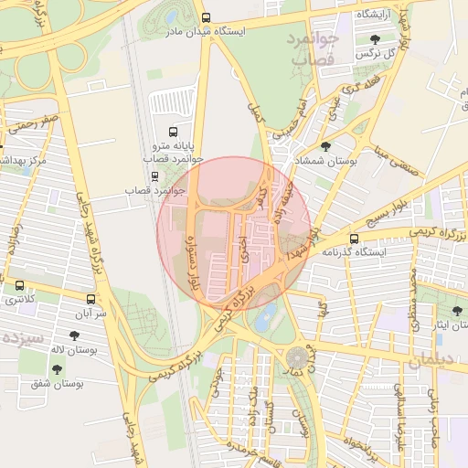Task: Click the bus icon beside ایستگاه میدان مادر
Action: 207,17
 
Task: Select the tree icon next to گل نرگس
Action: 376,39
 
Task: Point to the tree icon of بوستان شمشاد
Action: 326,146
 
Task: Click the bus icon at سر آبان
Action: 90,299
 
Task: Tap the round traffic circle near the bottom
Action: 298,357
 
